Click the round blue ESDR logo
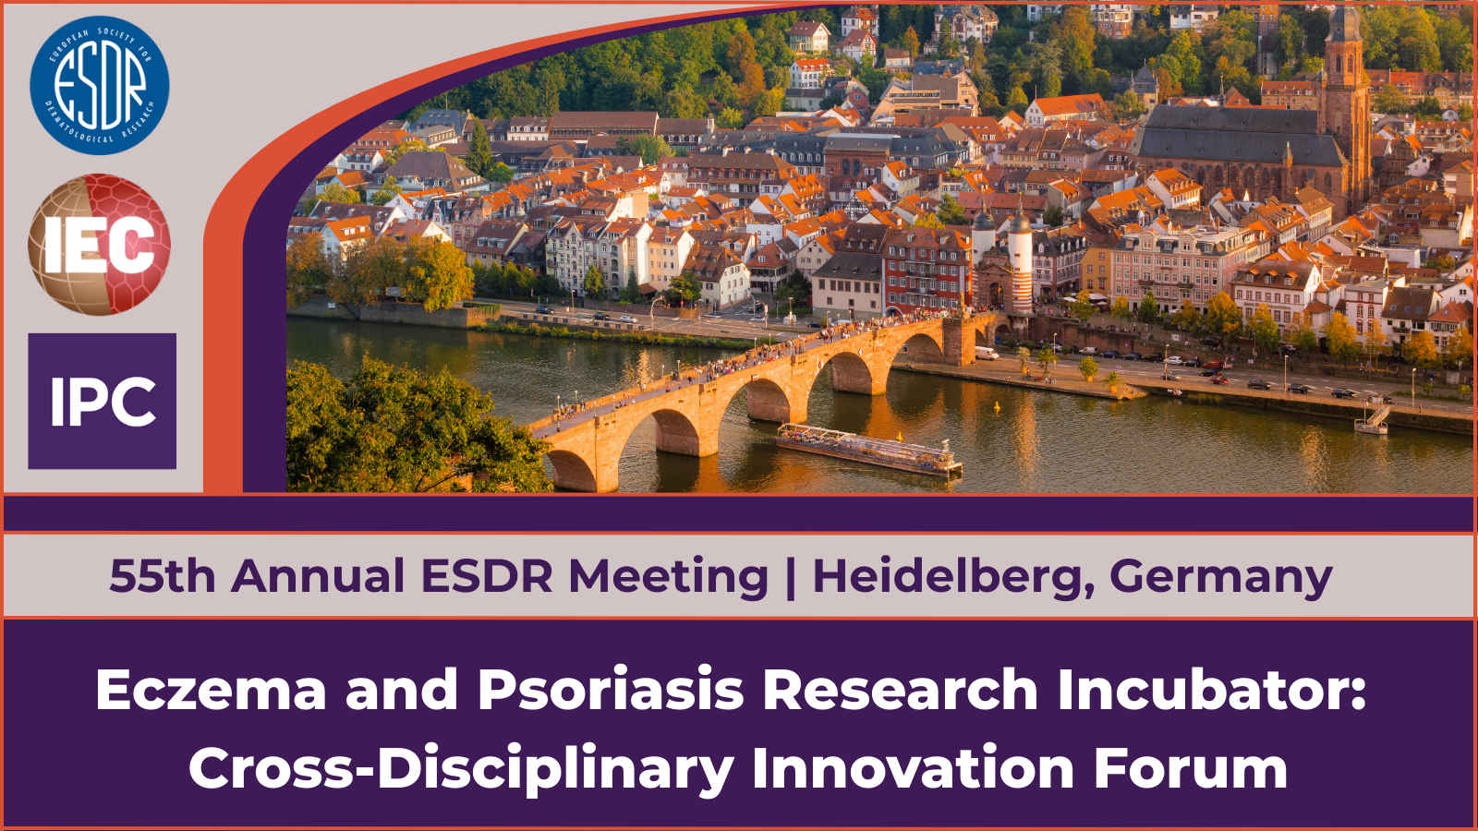click(100, 85)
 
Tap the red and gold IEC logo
click(100, 244)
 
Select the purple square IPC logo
click(103, 401)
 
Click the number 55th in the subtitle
click(163, 576)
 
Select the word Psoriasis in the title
click(612, 690)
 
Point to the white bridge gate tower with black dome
click(1020, 264)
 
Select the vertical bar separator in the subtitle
click(791, 578)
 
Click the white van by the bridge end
click(987, 354)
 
